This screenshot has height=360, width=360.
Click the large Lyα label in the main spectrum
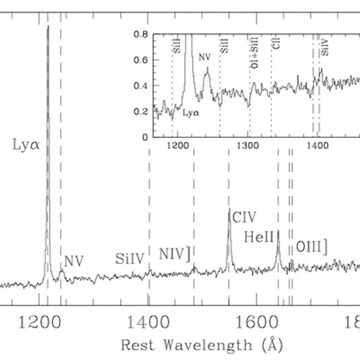pos(26,146)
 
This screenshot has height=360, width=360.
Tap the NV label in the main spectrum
pos(73,261)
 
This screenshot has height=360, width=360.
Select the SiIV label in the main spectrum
pos(130,258)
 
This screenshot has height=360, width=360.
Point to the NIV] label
pos(175,254)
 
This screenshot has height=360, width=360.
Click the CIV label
pos(245,217)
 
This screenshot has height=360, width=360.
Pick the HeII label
pos(258,237)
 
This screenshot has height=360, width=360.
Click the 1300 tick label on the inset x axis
pos(247,145)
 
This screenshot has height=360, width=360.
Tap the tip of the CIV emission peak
pos(229,209)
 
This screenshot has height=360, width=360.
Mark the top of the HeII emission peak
pos(278,230)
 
